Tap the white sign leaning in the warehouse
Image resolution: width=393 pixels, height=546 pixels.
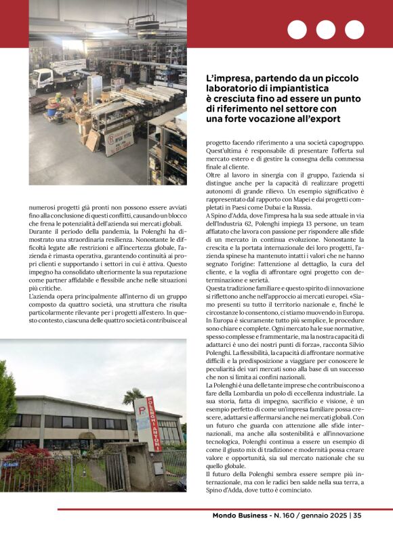(119, 140)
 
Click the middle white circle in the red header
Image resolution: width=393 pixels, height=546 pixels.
(326, 30)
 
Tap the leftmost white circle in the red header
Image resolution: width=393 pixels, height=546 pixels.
(297, 30)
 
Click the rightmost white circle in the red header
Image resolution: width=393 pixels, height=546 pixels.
(354, 30)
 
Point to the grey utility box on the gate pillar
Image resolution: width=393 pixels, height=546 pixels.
(157, 468)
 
